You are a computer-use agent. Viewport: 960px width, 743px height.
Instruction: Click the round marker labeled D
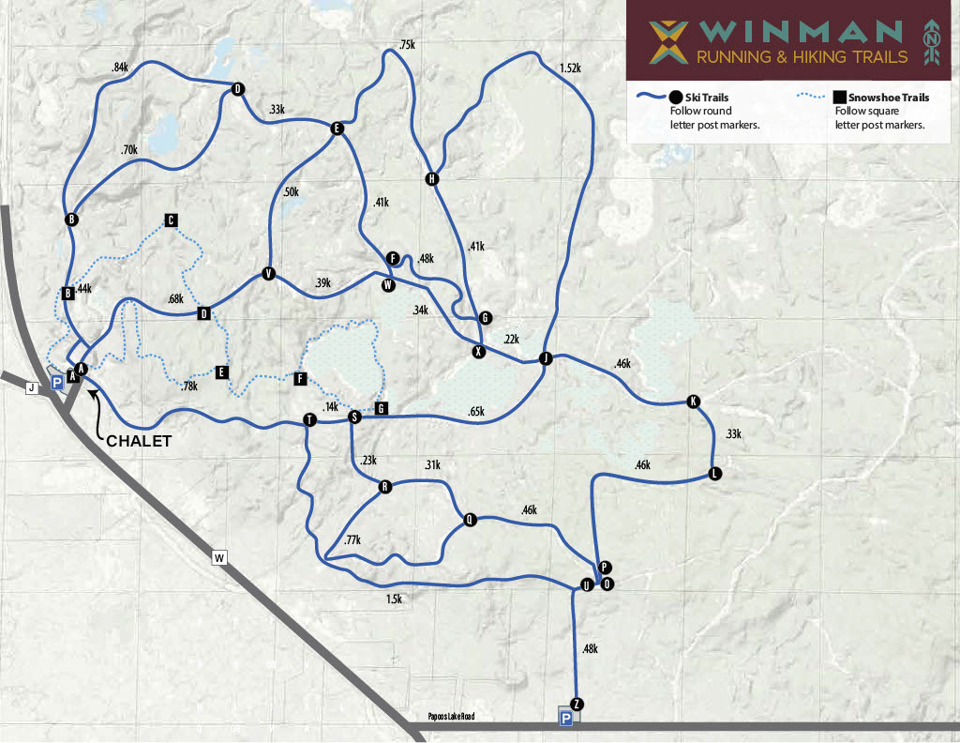pos(237,89)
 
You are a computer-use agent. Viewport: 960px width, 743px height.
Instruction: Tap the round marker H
pos(432,179)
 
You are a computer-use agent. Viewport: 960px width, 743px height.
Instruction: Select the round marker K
pos(694,402)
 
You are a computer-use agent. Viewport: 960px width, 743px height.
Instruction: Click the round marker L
pos(715,473)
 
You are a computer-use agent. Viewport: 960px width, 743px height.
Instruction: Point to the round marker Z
pos(577,705)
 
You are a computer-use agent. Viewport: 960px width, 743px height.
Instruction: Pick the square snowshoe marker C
pos(171,220)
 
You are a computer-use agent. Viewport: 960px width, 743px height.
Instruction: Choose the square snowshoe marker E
pos(222,372)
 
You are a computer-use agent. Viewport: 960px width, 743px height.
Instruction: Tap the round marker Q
pos(470,519)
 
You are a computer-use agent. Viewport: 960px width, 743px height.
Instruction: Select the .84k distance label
pos(120,68)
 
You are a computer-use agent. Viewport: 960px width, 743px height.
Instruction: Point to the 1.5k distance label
pos(394,599)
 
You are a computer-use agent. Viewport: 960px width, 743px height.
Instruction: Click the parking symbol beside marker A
pos(56,382)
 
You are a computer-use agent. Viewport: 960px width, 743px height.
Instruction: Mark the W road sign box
pos(219,558)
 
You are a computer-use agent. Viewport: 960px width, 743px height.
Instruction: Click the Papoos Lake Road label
pos(451,717)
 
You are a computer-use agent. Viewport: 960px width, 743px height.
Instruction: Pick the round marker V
pos(269,274)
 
